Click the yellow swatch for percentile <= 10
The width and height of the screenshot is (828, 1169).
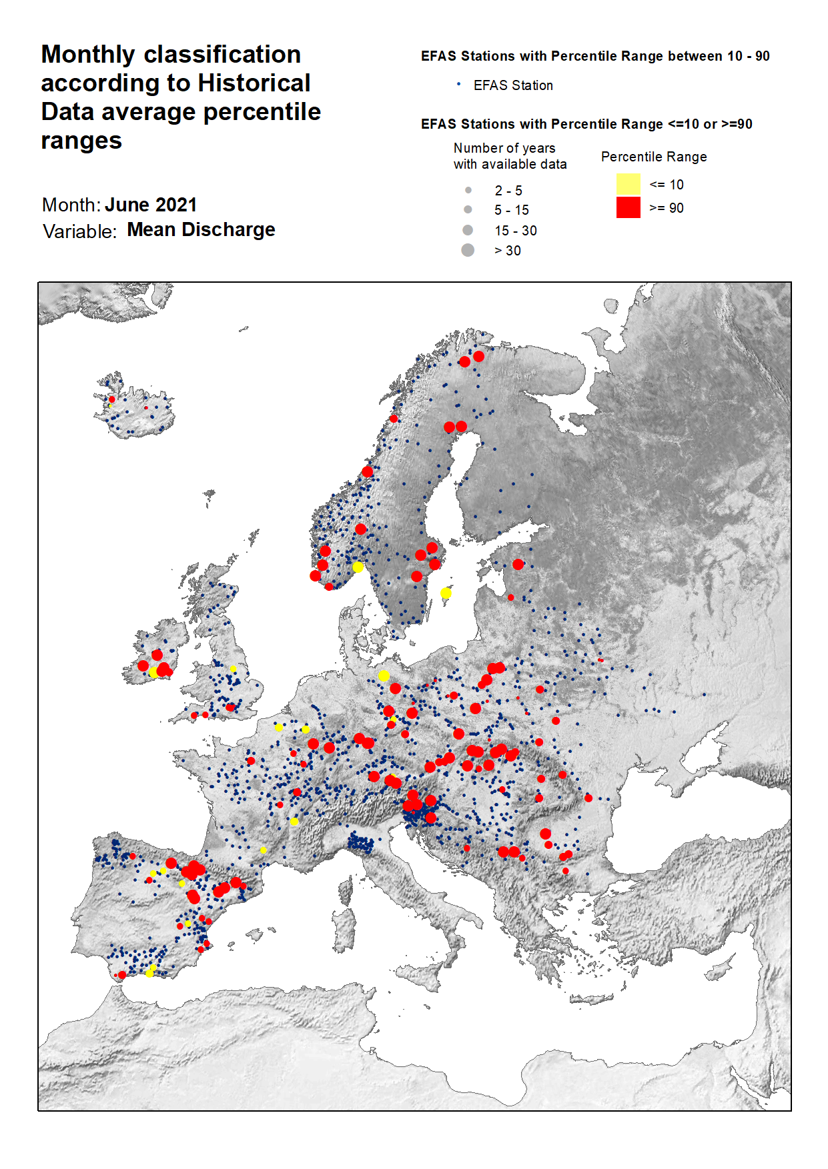(628, 184)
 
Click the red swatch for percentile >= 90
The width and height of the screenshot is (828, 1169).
(628, 207)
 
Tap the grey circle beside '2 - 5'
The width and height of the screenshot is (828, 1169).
(468, 190)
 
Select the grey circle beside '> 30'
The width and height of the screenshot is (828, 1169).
(468, 250)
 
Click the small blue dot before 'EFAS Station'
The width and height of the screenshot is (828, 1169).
(458, 84)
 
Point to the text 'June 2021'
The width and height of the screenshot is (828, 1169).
(151, 205)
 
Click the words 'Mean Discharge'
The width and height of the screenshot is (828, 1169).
(201, 229)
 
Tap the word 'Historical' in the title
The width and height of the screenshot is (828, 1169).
(254, 83)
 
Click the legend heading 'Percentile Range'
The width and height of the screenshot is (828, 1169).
(653, 157)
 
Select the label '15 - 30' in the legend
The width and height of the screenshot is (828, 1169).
(515, 231)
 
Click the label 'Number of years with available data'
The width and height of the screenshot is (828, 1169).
(510, 156)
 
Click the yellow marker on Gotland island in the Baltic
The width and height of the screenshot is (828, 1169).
(446, 593)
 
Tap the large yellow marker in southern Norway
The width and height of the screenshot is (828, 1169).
(358, 567)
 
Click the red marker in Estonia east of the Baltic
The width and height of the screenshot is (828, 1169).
(518, 564)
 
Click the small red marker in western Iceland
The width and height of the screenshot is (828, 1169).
(111, 399)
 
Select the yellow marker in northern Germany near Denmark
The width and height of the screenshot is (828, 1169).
(384, 676)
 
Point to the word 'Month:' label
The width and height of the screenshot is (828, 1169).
(71, 205)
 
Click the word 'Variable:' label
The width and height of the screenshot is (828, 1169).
(79, 231)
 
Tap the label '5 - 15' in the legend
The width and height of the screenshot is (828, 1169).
(511, 210)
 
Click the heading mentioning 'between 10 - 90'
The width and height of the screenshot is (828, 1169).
(594, 56)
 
